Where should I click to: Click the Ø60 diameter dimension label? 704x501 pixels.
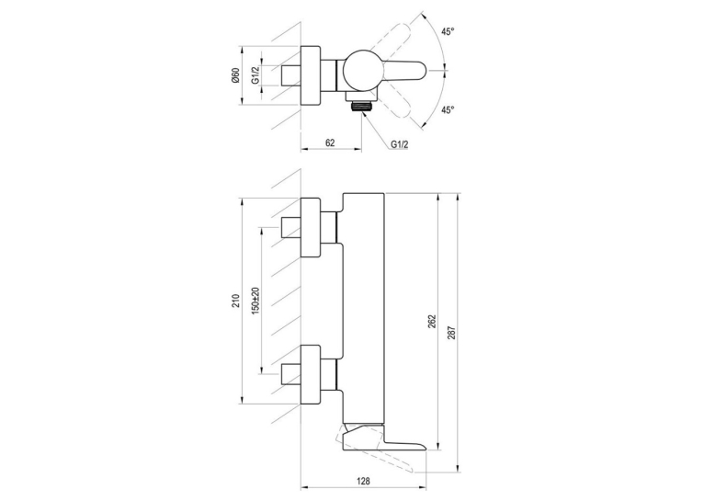click(235, 75)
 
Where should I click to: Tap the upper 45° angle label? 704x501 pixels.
click(448, 31)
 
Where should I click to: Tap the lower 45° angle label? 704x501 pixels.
click(448, 109)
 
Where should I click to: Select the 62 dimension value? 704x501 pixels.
click(330, 142)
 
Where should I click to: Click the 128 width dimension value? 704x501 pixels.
click(364, 481)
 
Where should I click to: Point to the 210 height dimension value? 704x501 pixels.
click(236, 301)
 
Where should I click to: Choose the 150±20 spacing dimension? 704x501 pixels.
click(255, 301)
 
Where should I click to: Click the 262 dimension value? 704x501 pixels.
click(432, 322)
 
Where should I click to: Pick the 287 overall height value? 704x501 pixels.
click(451, 333)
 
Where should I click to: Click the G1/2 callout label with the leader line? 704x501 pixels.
click(400, 144)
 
